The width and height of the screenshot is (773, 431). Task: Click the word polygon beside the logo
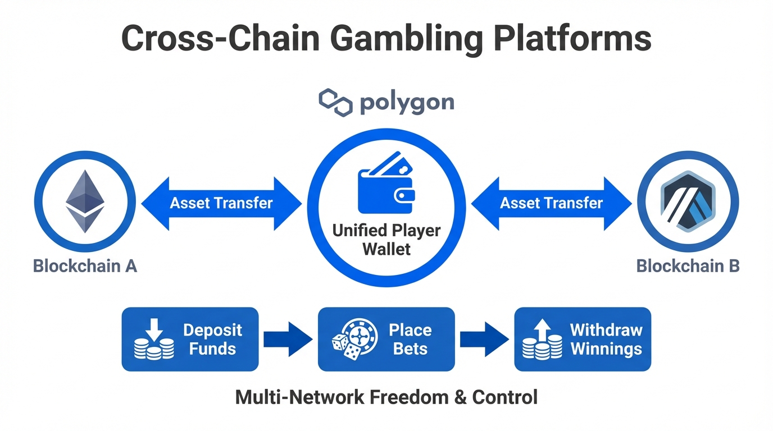pos(406,103)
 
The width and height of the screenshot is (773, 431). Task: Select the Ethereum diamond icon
pos(85,201)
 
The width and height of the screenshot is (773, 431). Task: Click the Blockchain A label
pos(85,265)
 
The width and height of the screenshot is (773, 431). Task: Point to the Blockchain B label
pos(688,265)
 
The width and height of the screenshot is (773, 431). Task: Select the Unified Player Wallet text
pos(387,239)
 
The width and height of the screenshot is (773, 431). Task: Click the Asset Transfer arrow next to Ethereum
pos(221,203)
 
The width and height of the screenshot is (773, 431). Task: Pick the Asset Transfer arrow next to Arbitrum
pos(552,203)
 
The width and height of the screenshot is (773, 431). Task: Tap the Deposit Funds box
pos(190,339)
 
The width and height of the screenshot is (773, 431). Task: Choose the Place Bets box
pos(386,339)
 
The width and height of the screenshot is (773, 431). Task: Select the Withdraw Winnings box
pos(583,339)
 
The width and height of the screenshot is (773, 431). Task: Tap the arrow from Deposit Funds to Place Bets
pos(288,340)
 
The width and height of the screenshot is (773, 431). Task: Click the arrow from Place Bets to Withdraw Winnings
pos(484,340)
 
